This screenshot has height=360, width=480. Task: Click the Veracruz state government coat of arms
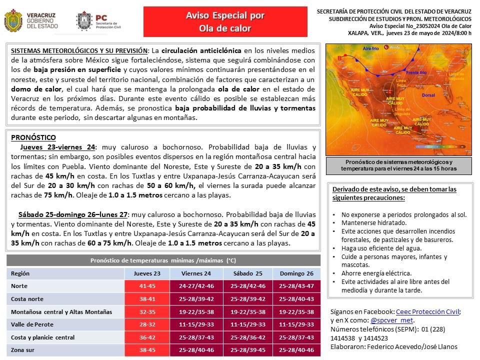pyautogui.click(x=13, y=20)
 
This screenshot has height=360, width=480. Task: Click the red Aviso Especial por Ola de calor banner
pyautogui.click(x=225, y=22)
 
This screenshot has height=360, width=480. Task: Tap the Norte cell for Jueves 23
pyautogui.click(x=147, y=286)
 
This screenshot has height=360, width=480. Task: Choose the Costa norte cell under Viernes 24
pyautogui.click(x=196, y=299)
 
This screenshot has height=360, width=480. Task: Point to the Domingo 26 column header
pyautogui.click(x=296, y=273)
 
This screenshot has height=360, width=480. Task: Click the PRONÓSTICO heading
pyautogui.click(x=33, y=137)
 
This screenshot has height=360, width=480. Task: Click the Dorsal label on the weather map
pyautogui.click(x=428, y=94)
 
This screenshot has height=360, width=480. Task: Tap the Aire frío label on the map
pyautogui.click(x=370, y=48)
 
